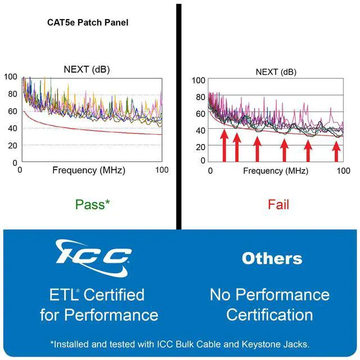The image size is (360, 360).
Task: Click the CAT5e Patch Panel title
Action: [88, 22]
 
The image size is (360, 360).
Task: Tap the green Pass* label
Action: [92, 204]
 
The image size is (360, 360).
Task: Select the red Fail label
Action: [278, 204]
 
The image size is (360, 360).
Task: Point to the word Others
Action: [272, 258]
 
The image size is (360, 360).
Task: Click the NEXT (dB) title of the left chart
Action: [87, 69]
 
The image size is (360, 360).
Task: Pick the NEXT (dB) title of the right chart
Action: [276, 72]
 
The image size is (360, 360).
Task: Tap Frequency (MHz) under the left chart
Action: [89, 170]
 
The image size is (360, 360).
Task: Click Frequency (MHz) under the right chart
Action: [276, 171]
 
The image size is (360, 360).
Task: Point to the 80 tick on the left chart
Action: [12, 94]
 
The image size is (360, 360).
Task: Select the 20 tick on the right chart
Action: [200, 147]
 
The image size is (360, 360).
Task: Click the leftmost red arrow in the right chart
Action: [224, 145]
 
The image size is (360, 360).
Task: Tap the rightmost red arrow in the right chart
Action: [336, 151]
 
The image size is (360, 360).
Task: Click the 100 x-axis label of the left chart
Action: [162, 170]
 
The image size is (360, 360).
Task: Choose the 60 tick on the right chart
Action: [200, 114]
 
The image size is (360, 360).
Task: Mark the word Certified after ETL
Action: [114, 295]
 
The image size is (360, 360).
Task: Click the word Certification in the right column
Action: [269, 314]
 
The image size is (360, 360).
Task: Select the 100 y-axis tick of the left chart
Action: [11, 76]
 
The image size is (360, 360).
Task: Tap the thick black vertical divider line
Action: [179, 116]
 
